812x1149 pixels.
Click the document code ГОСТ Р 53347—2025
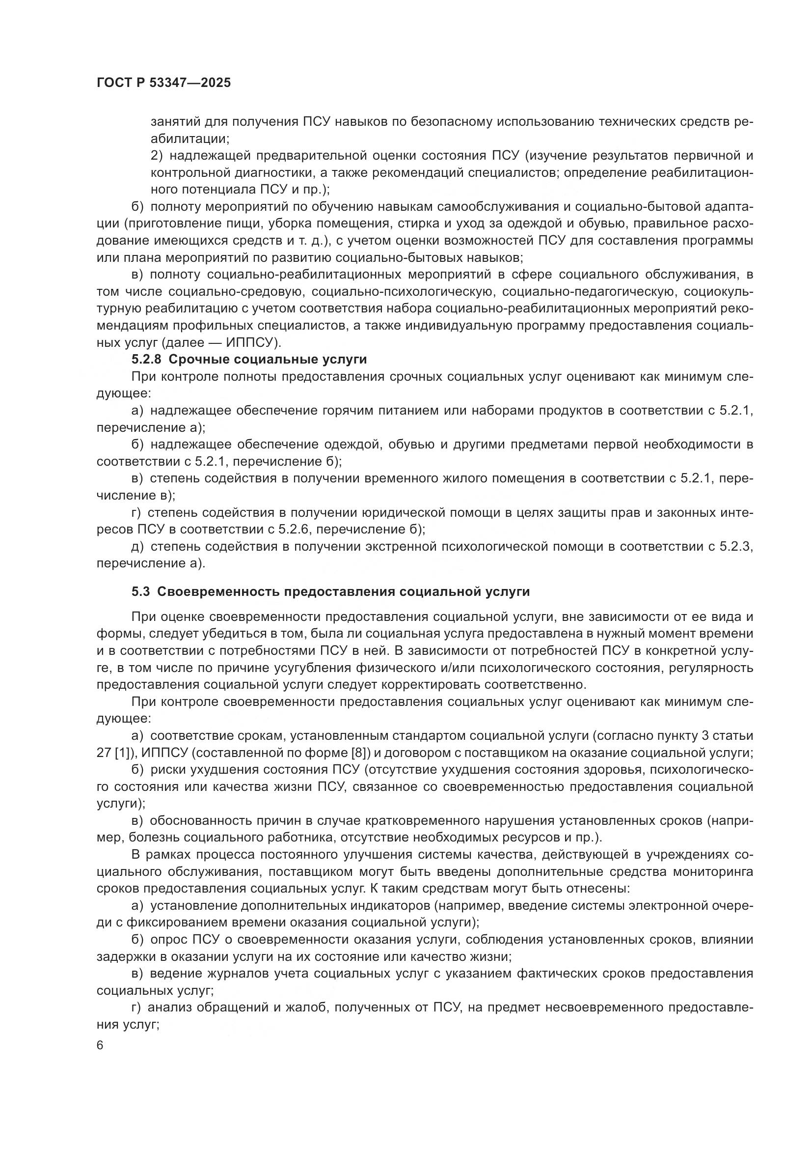[x=163, y=83]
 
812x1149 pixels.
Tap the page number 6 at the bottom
[x=100, y=1046]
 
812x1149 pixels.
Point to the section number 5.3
[x=141, y=591]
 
